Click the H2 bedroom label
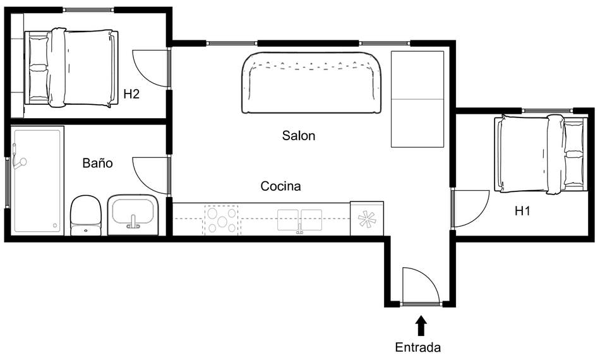coord(131,94)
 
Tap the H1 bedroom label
coord(522,211)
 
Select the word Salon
coord(298,135)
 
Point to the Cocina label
coord(280,186)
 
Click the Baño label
coord(98,163)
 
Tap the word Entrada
coord(417,347)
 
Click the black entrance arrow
coord(421,325)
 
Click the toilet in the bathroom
coord(86,215)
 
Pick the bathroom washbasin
coord(133,213)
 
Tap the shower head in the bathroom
coord(20,163)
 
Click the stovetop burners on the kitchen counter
coord(221,219)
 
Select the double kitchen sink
coord(300,220)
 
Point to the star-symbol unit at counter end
coord(366,219)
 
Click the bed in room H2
coord(71,67)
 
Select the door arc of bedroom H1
coord(471,208)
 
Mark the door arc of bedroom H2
coord(151,67)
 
